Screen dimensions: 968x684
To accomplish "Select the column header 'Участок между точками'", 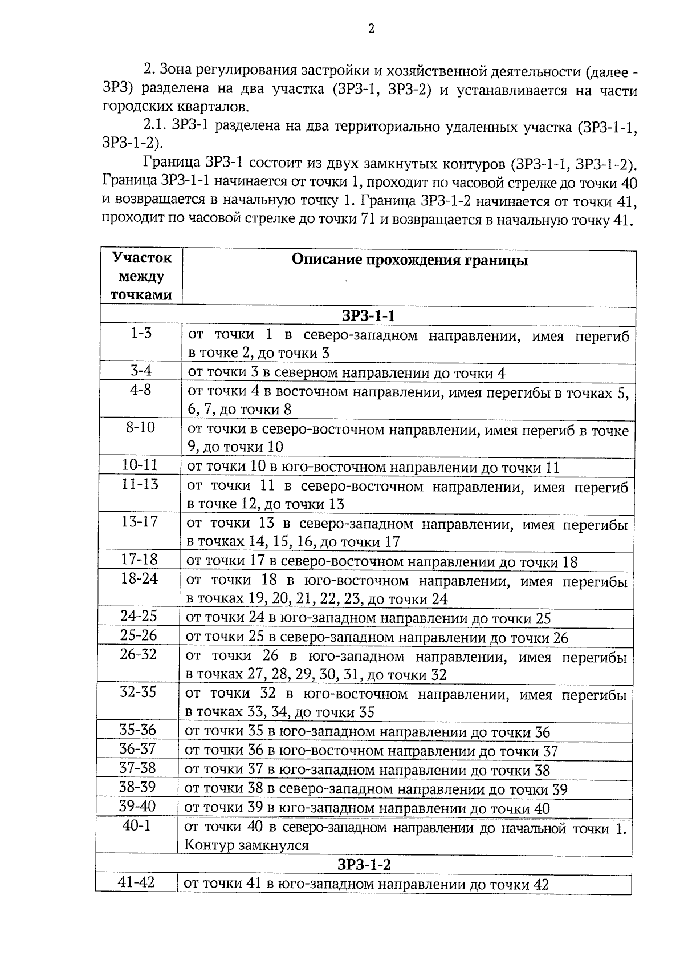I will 141,277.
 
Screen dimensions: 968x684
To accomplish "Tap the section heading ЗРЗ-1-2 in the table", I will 364,865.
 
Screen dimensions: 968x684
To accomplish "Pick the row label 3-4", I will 141,371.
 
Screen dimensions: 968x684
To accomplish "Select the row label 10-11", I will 140,465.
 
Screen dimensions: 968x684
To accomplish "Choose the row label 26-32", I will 138,654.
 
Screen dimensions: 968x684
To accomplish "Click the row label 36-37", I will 137,749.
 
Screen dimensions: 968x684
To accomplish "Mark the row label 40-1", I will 136,825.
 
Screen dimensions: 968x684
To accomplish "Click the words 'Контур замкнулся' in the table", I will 246,845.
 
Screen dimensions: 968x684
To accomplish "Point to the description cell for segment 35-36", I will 368,732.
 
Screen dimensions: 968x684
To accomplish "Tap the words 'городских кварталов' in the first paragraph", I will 176,106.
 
